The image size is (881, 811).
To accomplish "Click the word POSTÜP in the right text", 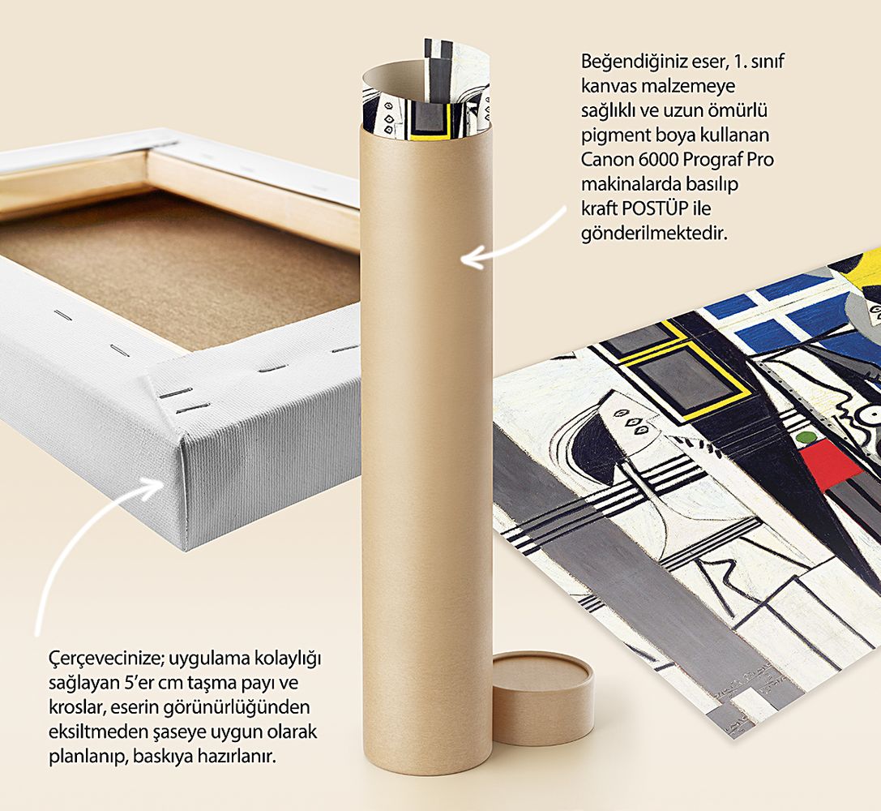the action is pyautogui.click(x=655, y=208).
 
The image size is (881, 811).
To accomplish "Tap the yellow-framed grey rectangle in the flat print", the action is pyautogui.click(x=684, y=380).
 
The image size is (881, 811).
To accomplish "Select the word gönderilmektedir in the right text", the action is pyautogui.click(x=655, y=233).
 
